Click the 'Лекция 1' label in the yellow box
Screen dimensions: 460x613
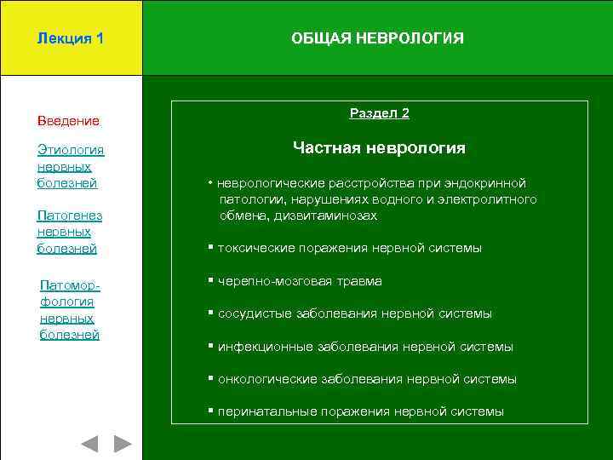tap(71, 38)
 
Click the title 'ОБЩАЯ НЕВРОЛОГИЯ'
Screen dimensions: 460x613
tap(377, 38)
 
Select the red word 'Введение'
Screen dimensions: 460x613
tap(68, 121)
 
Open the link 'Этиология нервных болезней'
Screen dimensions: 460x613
tap(70, 166)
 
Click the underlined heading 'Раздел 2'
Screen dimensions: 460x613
tap(379, 113)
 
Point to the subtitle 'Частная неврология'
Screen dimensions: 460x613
tap(379, 148)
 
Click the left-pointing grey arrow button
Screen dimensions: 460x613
tap(89, 444)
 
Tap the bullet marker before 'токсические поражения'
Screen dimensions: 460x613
tap(210, 248)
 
